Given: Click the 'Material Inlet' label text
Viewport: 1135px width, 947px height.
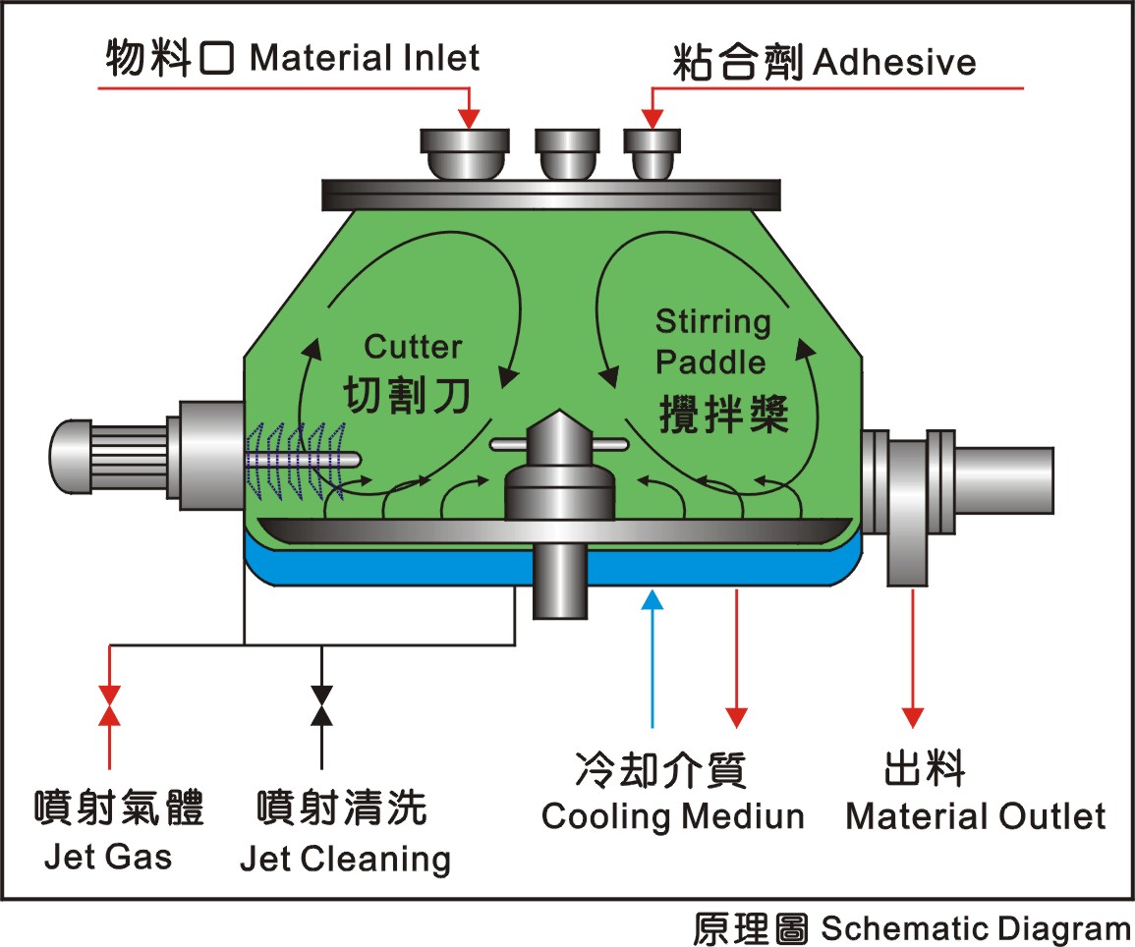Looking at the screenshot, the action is click(x=365, y=58).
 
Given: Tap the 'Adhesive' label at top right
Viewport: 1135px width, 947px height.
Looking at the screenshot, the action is click(x=894, y=62).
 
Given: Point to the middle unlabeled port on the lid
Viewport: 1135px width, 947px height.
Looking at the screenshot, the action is click(x=568, y=154).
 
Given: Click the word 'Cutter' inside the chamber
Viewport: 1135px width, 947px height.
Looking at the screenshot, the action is click(x=413, y=347).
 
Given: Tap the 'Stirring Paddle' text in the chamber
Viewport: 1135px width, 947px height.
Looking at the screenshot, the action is click(x=713, y=342).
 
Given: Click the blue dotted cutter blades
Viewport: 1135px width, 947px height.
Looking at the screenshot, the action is click(x=297, y=461).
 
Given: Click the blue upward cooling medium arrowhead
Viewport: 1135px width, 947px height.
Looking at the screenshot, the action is click(x=653, y=600).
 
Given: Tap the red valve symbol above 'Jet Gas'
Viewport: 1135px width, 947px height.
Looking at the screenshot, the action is click(x=109, y=705).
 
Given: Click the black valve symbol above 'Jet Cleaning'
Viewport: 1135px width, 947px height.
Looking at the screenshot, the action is click(x=321, y=705).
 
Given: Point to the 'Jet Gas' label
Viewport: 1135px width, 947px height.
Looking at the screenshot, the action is click(x=108, y=857).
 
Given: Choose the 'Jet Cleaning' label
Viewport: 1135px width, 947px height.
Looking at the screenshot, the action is click(x=345, y=860).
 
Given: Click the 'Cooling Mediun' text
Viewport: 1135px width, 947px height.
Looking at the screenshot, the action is click(x=672, y=816).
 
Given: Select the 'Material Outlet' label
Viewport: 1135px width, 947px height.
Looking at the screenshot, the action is click(x=975, y=816).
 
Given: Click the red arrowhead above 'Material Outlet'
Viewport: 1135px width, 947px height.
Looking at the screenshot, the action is click(x=913, y=717).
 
